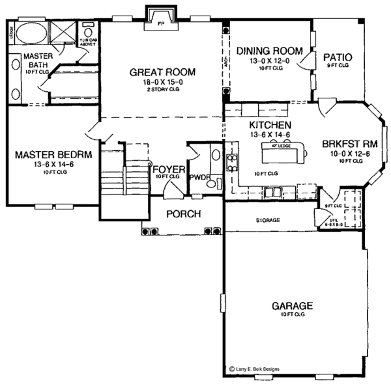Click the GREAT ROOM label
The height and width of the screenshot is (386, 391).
[163, 72]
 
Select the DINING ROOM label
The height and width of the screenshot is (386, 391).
[269, 51]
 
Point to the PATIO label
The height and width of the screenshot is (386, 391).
[338, 57]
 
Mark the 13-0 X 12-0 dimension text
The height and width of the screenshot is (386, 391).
[269, 60]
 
